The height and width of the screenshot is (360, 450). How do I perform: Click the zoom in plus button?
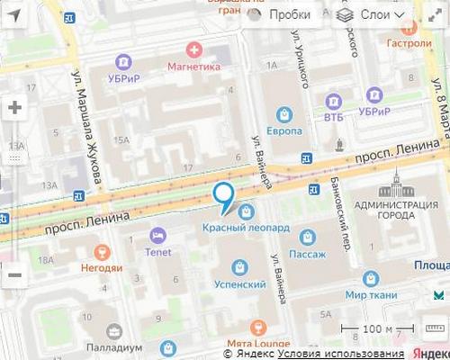[14, 107]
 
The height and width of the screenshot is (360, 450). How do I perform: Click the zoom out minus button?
[14, 275]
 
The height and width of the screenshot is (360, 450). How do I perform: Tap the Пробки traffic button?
[280, 14]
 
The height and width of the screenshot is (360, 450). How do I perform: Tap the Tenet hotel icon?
[157, 235]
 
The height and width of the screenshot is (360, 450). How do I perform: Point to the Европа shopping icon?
[284, 114]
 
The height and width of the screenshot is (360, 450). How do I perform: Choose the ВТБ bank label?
[334, 117]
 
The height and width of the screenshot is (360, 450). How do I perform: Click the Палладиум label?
[113, 348]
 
